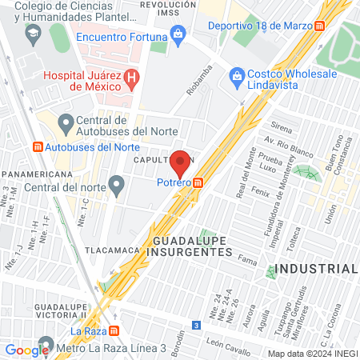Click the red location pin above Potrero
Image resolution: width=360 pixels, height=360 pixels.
click(x=181, y=162)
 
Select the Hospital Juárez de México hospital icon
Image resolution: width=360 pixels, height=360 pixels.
click(x=134, y=78)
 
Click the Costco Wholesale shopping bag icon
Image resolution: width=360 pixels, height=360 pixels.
click(x=237, y=74)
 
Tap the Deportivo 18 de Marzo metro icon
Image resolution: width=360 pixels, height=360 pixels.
click(x=319, y=25)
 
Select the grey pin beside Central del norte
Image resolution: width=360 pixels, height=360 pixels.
click(x=117, y=189)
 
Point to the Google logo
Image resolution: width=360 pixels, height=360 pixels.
click(x=26, y=350)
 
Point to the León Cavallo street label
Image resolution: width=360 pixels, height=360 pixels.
click(x=226, y=342)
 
